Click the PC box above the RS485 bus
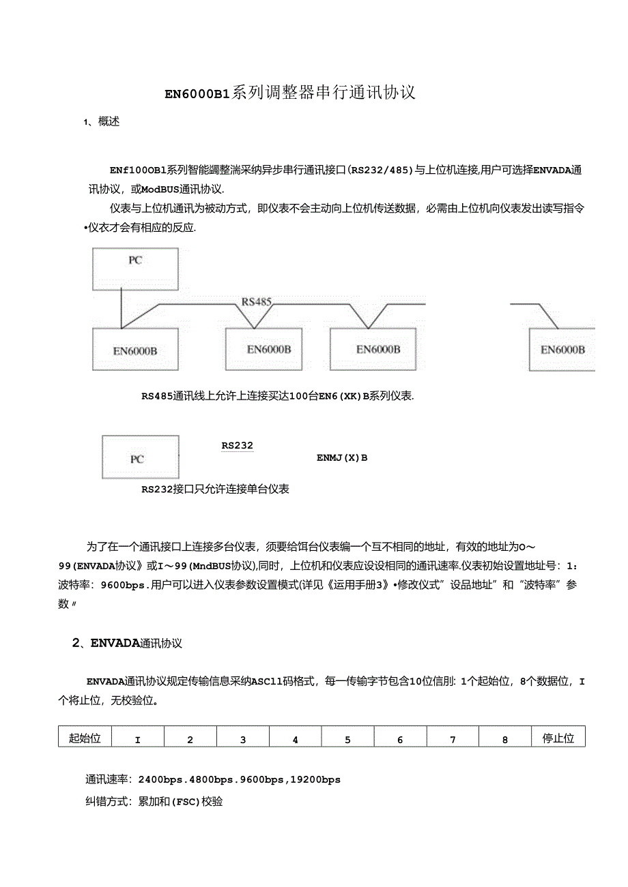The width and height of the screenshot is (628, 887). pos(135,269)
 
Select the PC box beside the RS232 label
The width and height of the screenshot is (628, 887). pos(140,457)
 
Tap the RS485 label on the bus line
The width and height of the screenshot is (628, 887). pos(257,301)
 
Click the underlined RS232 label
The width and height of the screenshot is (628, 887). pos(237,446)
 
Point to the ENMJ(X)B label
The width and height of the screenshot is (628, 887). pos(342,457)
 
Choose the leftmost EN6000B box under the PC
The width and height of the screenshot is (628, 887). pos(135,350)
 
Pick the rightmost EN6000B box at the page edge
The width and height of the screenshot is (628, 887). pos(562,349)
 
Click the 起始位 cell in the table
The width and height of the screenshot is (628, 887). pos(85,738)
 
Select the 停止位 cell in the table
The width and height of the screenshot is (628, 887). pos(558,738)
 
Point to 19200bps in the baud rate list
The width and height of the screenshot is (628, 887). pos(316,779)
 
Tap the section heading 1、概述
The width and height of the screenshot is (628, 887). pos(102,122)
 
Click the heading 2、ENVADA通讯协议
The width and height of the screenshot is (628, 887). pos(127,643)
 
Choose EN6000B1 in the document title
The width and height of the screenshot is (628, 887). pos(197,93)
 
